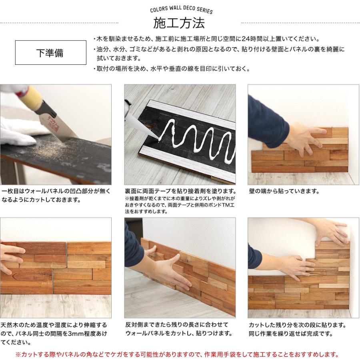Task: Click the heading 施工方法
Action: point(179,23)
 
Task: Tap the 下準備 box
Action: point(50,52)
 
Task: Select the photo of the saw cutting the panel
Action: point(56,134)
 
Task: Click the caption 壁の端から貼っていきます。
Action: point(284,191)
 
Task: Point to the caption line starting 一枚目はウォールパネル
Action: point(56,191)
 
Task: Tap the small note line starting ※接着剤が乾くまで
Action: point(180,198)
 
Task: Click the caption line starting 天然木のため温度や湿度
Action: point(54,325)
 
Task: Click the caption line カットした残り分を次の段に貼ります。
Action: point(297,325)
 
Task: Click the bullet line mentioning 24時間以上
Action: point(206,39)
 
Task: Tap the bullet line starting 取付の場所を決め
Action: point(171,69)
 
